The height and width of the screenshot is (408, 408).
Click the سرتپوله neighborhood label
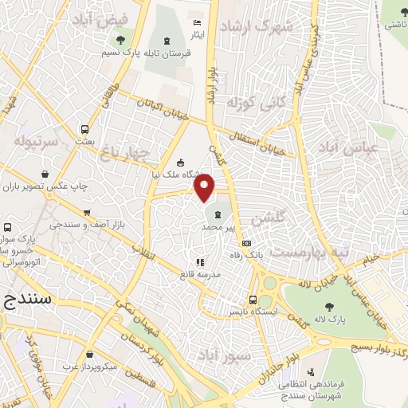pos(37,142)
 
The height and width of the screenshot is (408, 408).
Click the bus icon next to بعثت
pos(84,129)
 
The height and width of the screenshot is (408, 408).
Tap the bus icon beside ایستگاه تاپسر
pos(253,300)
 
